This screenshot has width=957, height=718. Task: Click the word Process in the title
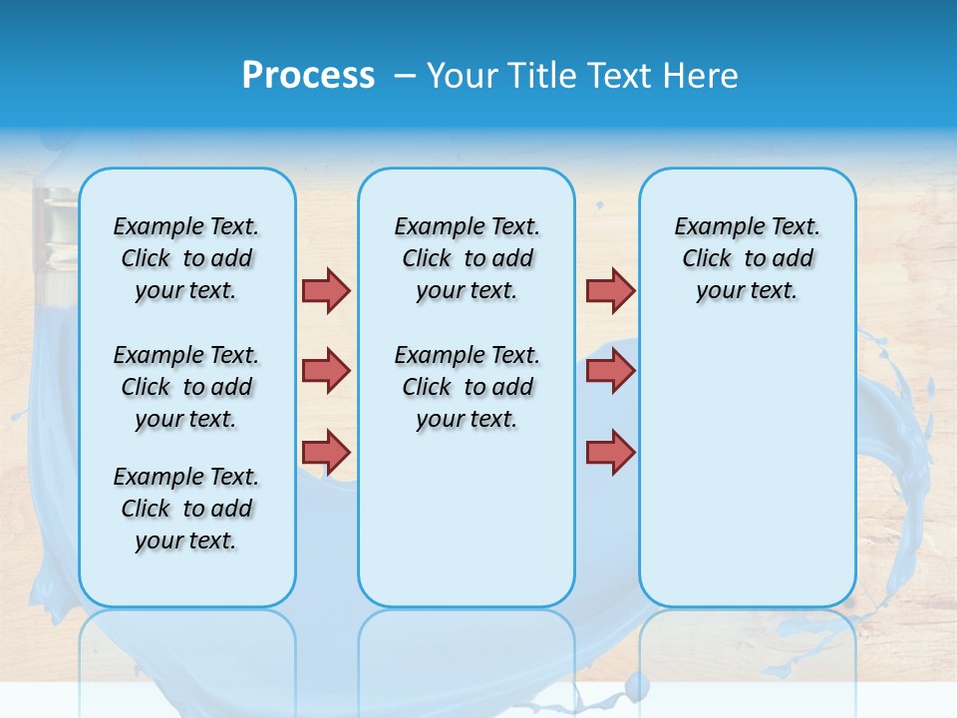point(308,76)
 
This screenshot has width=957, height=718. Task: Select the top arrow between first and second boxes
point(326,290)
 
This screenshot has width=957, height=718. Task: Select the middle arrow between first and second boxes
point(326,371)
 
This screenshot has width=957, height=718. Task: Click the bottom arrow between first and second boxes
point(326,452)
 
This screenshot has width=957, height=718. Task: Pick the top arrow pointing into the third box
point(610,290)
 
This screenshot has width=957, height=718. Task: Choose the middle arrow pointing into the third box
point(610,371)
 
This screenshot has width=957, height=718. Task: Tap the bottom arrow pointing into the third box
point(610,452)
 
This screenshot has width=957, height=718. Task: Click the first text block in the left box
point(186,258)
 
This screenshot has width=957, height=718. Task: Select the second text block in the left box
point(186,387)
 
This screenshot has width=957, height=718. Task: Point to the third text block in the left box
point(186,509)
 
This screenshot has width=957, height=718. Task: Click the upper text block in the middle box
point(467,258)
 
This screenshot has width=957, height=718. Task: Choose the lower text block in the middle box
point(467,387)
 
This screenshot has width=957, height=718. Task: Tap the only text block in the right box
point(747,258)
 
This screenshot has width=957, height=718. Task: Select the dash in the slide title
point(405,76)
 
